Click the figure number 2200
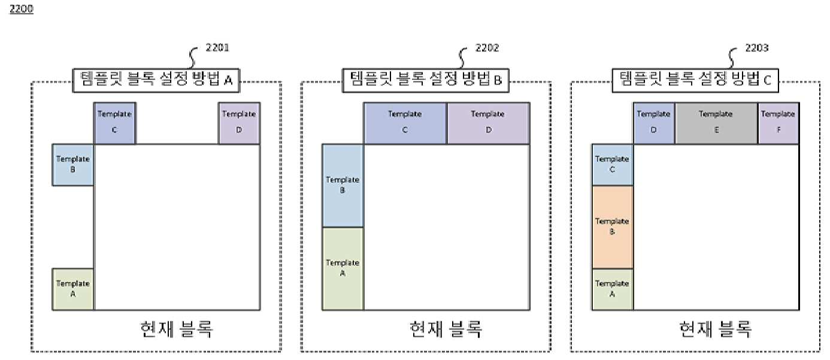click(x=21, y=8)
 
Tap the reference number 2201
click(x=217, y=47)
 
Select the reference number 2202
click(x=487, y=47)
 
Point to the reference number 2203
click(x=757, y=47)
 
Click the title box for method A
click(x=156, y=80)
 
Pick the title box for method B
click(x=426, y=80)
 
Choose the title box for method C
click(x=695, y=80)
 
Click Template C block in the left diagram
click(x=114, y=123)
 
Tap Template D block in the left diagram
click(x=239, y=123)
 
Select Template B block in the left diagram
click(x=73, y=165)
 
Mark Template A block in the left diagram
click(x=73, y=289)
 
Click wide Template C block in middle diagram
click(x=405, y=123)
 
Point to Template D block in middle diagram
click(x=489, y=123)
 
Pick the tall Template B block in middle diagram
click(x=343, y=185)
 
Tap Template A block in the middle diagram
click(x=343, y=268)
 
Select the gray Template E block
click(x=716, y=123)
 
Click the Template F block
click(x=778, y=123)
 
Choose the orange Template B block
click(x=613, y=227)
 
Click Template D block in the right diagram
click(x=653, y=123)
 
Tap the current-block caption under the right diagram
click(x=715, y=329)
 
